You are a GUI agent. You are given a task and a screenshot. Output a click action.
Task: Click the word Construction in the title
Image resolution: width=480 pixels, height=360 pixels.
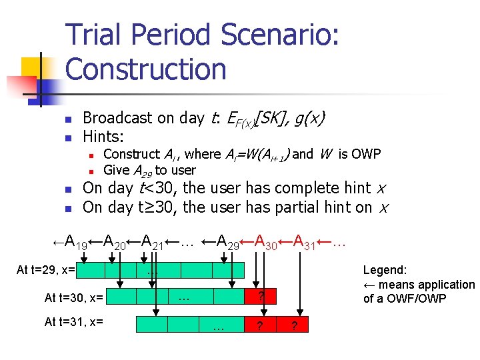point(146,69)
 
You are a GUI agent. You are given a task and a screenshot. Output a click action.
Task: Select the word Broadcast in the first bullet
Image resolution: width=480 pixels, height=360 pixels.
point(117,118)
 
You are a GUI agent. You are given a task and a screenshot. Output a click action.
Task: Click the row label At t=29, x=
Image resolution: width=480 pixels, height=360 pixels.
point(45,270)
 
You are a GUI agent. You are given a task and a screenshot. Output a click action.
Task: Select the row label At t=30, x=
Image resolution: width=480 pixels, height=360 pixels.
point(73,297)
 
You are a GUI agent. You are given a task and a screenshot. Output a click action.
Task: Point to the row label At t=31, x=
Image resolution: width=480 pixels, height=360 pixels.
point(73,322)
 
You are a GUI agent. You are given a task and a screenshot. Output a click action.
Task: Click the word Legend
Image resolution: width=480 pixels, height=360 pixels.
point(385,270)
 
